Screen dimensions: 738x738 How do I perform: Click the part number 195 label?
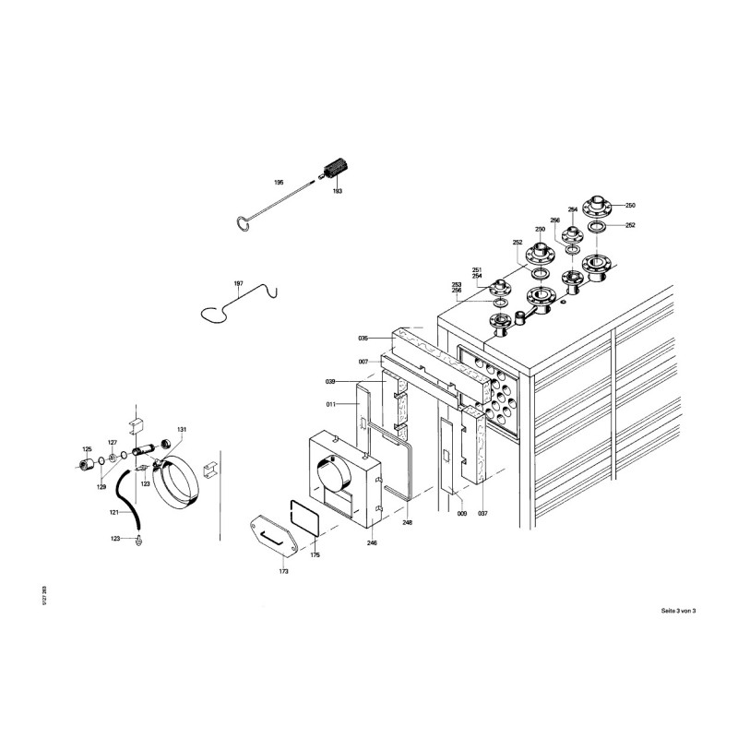point(279,184)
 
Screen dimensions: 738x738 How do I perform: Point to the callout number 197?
point(238,283)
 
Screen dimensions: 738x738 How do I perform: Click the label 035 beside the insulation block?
point(363,339)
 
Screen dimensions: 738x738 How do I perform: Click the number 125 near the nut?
point(89,448)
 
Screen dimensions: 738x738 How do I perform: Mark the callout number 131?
point(182,429)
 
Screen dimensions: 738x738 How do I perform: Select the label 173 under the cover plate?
point(284,572)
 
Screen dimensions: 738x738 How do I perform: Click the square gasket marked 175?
point(305,518)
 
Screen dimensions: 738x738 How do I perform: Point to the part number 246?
point(373,543)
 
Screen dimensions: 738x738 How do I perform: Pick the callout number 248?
point(407,522)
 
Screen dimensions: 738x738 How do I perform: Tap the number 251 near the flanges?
point(477,269)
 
